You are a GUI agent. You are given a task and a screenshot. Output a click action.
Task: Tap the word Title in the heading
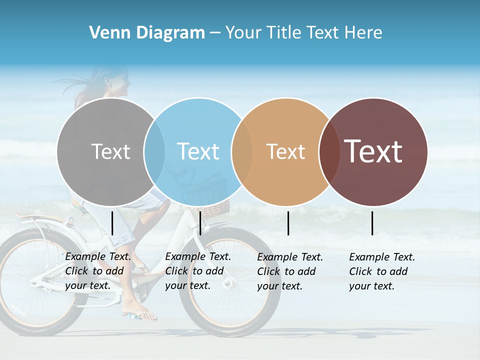click(x=286, y=33)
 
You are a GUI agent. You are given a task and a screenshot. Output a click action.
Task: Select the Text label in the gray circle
click(x=110, y=151)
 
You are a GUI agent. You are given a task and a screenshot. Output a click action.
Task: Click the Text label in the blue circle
click(x=198, y=151)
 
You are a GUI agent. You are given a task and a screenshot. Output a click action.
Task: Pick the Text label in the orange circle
click(x=285, y=151)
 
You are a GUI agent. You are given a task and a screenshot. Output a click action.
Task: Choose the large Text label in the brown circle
click(x=373, y=151)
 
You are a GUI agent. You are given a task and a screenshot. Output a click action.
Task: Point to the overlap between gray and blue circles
click(x=154, y=151)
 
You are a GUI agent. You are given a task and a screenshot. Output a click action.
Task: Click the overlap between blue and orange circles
click(x=242, y=151)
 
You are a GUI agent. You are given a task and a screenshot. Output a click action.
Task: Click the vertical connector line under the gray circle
click(x=112, y=223)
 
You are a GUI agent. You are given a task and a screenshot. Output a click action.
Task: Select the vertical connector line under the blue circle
click(x=200, y=223)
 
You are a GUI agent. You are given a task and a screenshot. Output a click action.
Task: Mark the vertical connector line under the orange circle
click(x=288, y=223)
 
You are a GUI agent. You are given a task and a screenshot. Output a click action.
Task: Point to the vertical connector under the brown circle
click(x=372, y=223)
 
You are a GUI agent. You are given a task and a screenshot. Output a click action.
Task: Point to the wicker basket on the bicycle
click(x=212, y=207)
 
